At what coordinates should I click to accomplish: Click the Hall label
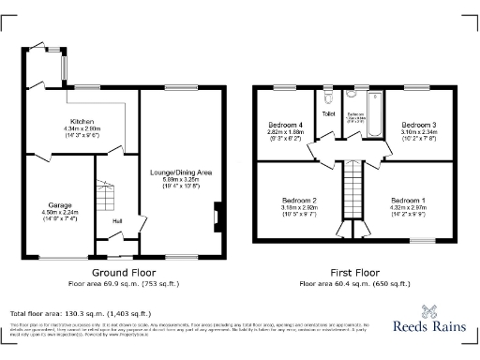[117, 221]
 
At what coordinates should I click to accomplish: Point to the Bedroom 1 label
[409, 201]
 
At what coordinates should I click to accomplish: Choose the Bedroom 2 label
[300, 201]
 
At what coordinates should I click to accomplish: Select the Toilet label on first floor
[328, 114]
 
